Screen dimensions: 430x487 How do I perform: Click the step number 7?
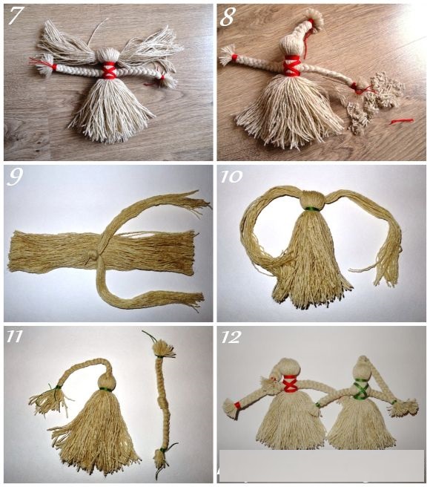click(x=16, y=16)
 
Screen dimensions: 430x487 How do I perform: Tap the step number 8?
click(x=228, y=17)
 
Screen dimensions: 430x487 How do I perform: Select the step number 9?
click(x=15, y=177)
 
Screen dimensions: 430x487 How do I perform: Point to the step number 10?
click(x=231, y=177)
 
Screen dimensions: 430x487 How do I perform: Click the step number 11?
click(x=15, y=336)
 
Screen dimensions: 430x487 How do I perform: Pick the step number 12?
click(x=231, y=337)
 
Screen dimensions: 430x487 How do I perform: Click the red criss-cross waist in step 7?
click(x=108, y=71)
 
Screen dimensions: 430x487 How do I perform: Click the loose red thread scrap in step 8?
click(x=402, y=121)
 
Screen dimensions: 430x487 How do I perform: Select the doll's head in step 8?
click(x=291, y=47)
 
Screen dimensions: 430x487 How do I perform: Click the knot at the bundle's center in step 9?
click(x=93, y=256)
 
